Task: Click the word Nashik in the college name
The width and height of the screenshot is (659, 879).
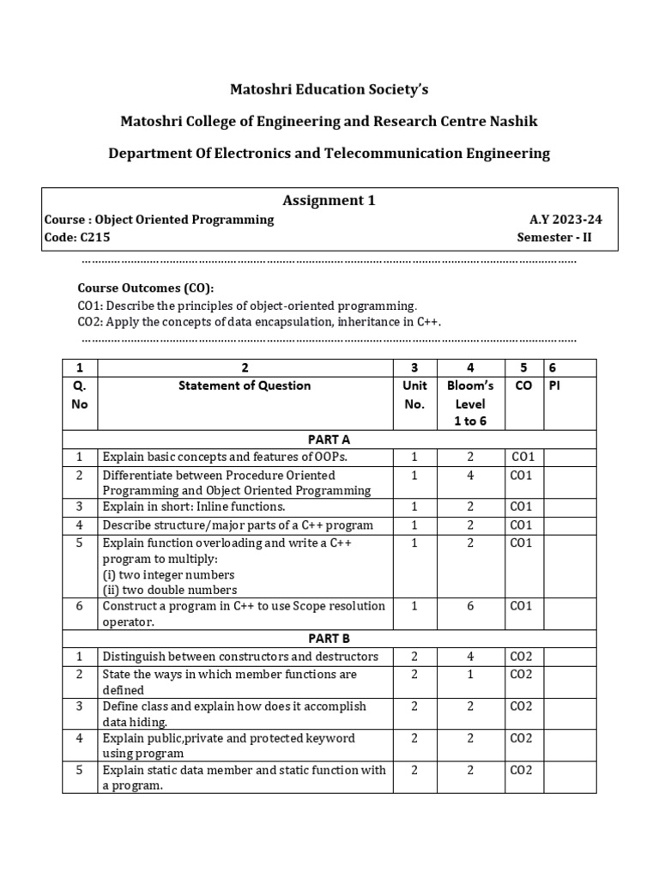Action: pyautogui.click(x=513, y=121)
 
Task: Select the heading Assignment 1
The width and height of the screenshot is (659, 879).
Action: pyautogui.click(x=329, y=200)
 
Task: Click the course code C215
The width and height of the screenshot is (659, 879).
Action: pyautogui.click(x=94, y=238)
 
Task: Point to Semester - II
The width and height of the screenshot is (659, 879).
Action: pyautogui.click(x=560, y=238)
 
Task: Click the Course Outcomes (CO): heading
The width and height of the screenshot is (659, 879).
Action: pyautogui.click(x=147, y=288)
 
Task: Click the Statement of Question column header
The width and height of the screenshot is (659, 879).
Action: pyautogui.click(x=245, y=385)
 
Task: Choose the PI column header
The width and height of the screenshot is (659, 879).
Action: pyautogui.click(x=556, y=385)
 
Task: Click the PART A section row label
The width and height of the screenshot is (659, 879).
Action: pyautogui.click(x=329, y=439)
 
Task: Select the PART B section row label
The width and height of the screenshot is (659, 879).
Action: pyautogui.click(x=329, y=639)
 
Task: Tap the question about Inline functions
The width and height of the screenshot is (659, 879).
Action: pyautogui.click(x=194, y=506)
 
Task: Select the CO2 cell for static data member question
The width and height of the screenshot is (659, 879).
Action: pyautogui.click(x=522, y=770)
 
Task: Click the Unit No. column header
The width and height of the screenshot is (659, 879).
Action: pyautogui.click(x=414, y=395)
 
